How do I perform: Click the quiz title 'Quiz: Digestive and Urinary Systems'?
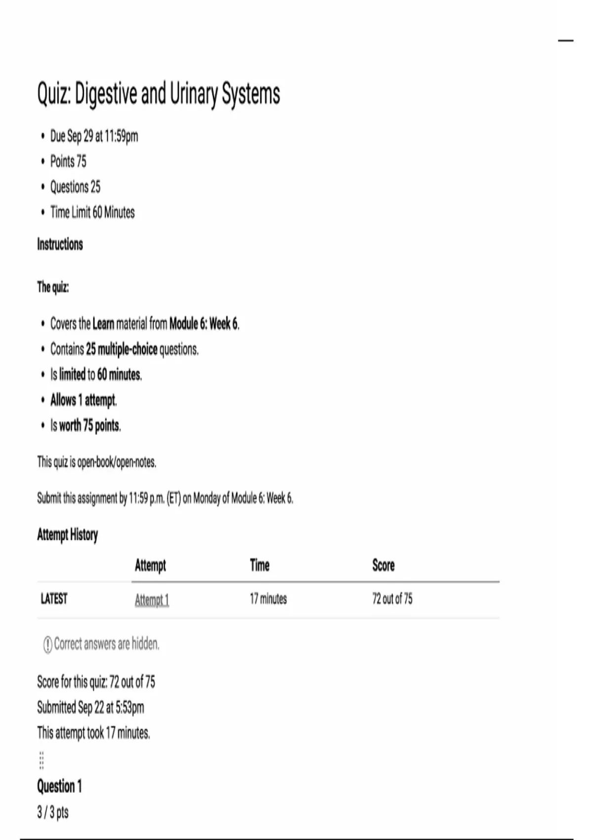pyautogui.click(x=159, y=94)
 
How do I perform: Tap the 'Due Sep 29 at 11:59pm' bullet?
pyautogui.click(x=94, y=136)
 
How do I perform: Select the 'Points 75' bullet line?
pyautogui.click(x=68, y=162)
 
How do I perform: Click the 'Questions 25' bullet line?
pyautogui.click(x=75, y=187)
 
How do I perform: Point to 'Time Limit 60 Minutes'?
pyautogui.click(x=92, y=212)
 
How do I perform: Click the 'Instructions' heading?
pyautogui.click(x=60, y=244)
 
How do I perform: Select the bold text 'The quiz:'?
pyautogui.click(x=53, y=287)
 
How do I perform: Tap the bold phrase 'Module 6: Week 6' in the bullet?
pyautogui.click(x=204, y=324)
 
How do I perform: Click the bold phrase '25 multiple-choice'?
pyautogui.click(x=122, y=349)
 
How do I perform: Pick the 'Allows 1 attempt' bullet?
pyautogui.click(x=83, y=400)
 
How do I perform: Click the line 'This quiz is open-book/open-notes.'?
pyautogui.click(x=97, y=462)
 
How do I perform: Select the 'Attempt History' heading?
pyautogui.click(x=68, y=535)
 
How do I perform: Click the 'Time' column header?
pyautogui.click(x=259, y=565)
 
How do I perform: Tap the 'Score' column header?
pyautogui.click(x=383, y=565)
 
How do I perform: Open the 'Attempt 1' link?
pyautogui.click(x=152, y=600)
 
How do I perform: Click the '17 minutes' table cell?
pyautogui.click(x=268, y=599)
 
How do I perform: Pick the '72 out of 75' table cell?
pyautogui.click(x=392, y=599)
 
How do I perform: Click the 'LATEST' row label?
pyautogui.click(x=54, y=599)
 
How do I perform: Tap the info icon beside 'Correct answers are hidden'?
pyautogui.click(x=48, y=644)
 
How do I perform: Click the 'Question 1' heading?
pyautogui.click(x=59, y=786)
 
